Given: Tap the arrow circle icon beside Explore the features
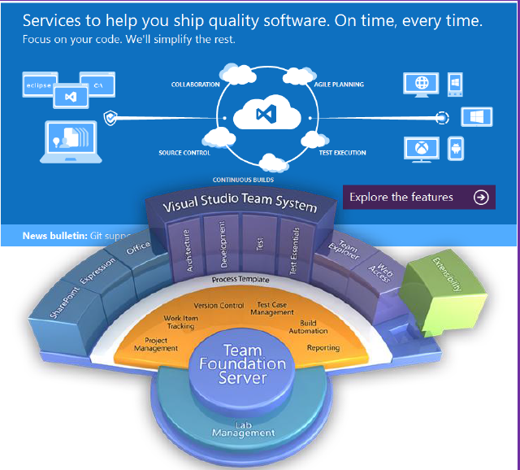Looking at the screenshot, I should click(481, 197).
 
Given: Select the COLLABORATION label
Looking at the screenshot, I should click(195, 85).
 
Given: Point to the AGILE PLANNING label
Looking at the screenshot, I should click(339, 85).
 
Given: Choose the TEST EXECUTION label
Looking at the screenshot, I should click(343, 153).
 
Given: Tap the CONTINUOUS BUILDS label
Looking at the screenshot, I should click(243, 180).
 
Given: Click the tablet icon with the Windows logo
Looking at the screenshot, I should click(477, 116).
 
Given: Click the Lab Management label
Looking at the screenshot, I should click(244, 429).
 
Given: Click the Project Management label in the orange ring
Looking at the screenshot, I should click(161, 344).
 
